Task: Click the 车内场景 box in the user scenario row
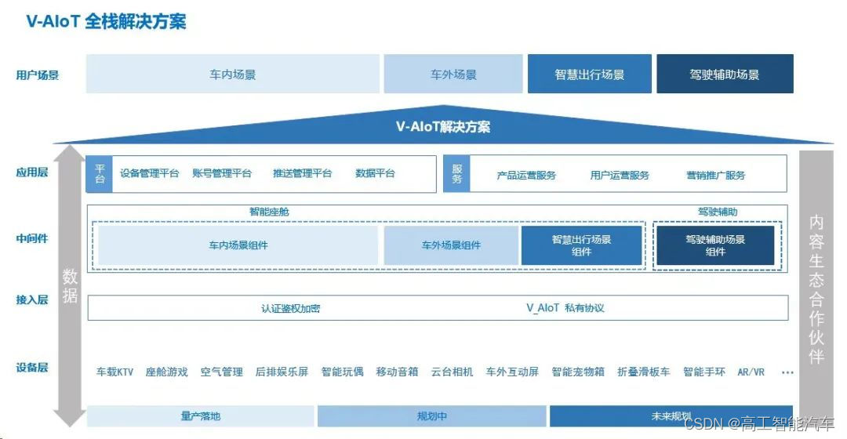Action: [232, 74]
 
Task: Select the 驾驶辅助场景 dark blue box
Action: [724, 74]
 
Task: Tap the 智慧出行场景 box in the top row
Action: [589, 74]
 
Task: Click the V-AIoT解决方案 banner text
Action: [443, 126]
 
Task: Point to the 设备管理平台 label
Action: [149, 173]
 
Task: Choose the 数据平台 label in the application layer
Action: [375, 173]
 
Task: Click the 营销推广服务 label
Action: [715, 175]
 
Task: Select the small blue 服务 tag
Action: [457, 174]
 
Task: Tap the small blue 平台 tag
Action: [100, 174]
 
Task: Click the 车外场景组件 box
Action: [451, 245]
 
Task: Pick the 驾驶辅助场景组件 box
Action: [714, 245]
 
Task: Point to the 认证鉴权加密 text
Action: [290, 308]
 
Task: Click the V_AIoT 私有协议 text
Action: [565, 308]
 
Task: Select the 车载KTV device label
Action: [115, 372]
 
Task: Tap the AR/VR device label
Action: [751, 372]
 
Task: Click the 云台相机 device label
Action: [452, 372]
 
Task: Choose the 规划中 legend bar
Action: [431, 416]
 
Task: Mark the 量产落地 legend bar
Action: [200, 416]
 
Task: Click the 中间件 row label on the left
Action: [32, 238]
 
